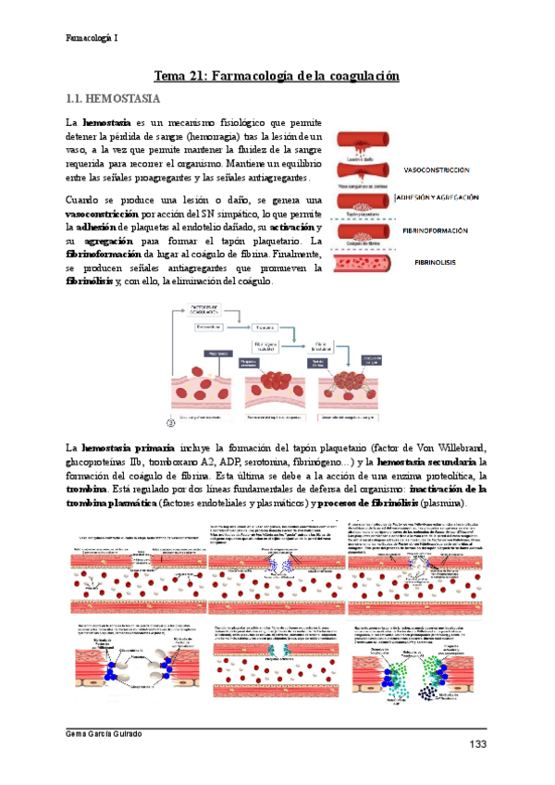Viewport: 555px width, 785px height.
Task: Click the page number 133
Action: coord(477,746)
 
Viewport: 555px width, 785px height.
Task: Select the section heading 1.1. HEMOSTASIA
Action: coord(115,97)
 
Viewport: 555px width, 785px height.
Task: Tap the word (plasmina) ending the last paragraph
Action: coord(443,502)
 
